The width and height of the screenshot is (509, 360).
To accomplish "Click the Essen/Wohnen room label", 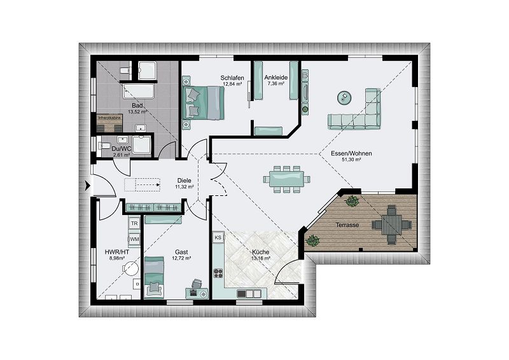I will click(347, 154).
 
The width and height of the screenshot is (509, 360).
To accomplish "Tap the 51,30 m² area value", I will click(347, 160).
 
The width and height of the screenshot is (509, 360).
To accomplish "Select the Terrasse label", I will click(347, 225).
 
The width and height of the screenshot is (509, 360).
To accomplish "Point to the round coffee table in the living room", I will click(345, 97).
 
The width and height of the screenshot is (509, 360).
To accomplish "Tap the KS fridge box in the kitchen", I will click(218, 237).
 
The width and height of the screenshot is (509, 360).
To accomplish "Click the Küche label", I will click(261, 253).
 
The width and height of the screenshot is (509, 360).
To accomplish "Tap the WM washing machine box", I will click(134, 239).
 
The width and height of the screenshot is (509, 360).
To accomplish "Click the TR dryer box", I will click(134, 224).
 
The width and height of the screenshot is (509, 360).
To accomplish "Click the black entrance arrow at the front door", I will click(87, 186).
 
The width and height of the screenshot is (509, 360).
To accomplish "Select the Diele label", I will click(184, 181).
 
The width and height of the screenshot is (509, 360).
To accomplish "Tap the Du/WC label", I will click(121, 148).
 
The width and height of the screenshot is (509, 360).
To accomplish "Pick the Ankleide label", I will click(276, 78).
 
